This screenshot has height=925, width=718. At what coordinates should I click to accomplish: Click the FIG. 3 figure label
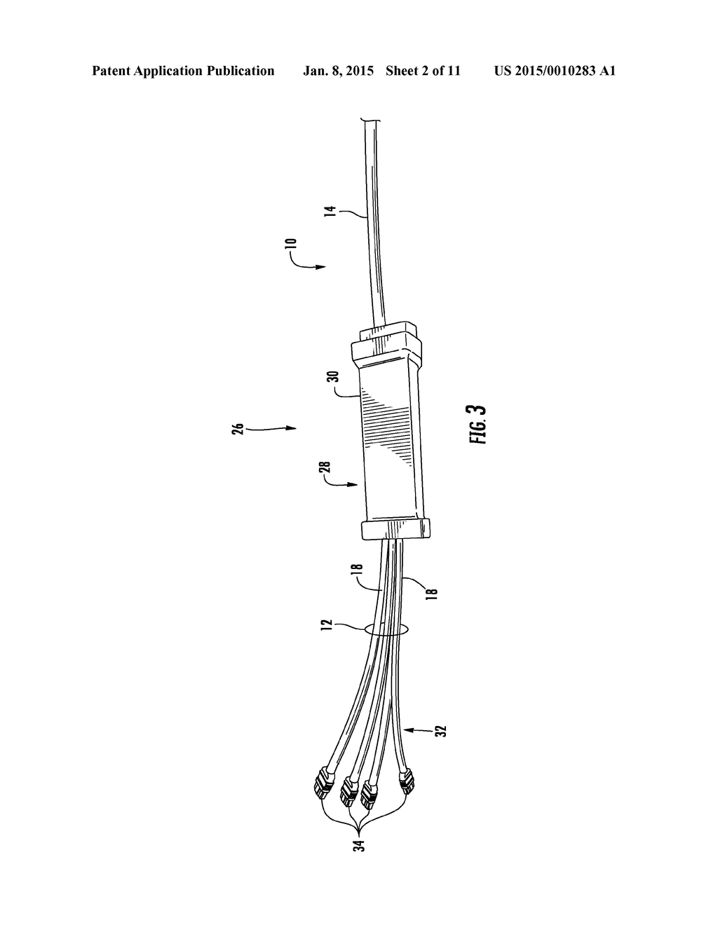[x=479, y=425]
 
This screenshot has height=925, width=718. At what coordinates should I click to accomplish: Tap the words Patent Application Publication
[x=183, y=71]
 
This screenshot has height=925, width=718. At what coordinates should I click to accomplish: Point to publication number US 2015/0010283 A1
[x=554, y=71]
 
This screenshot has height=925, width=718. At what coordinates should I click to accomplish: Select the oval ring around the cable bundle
[x=386, y=630]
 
